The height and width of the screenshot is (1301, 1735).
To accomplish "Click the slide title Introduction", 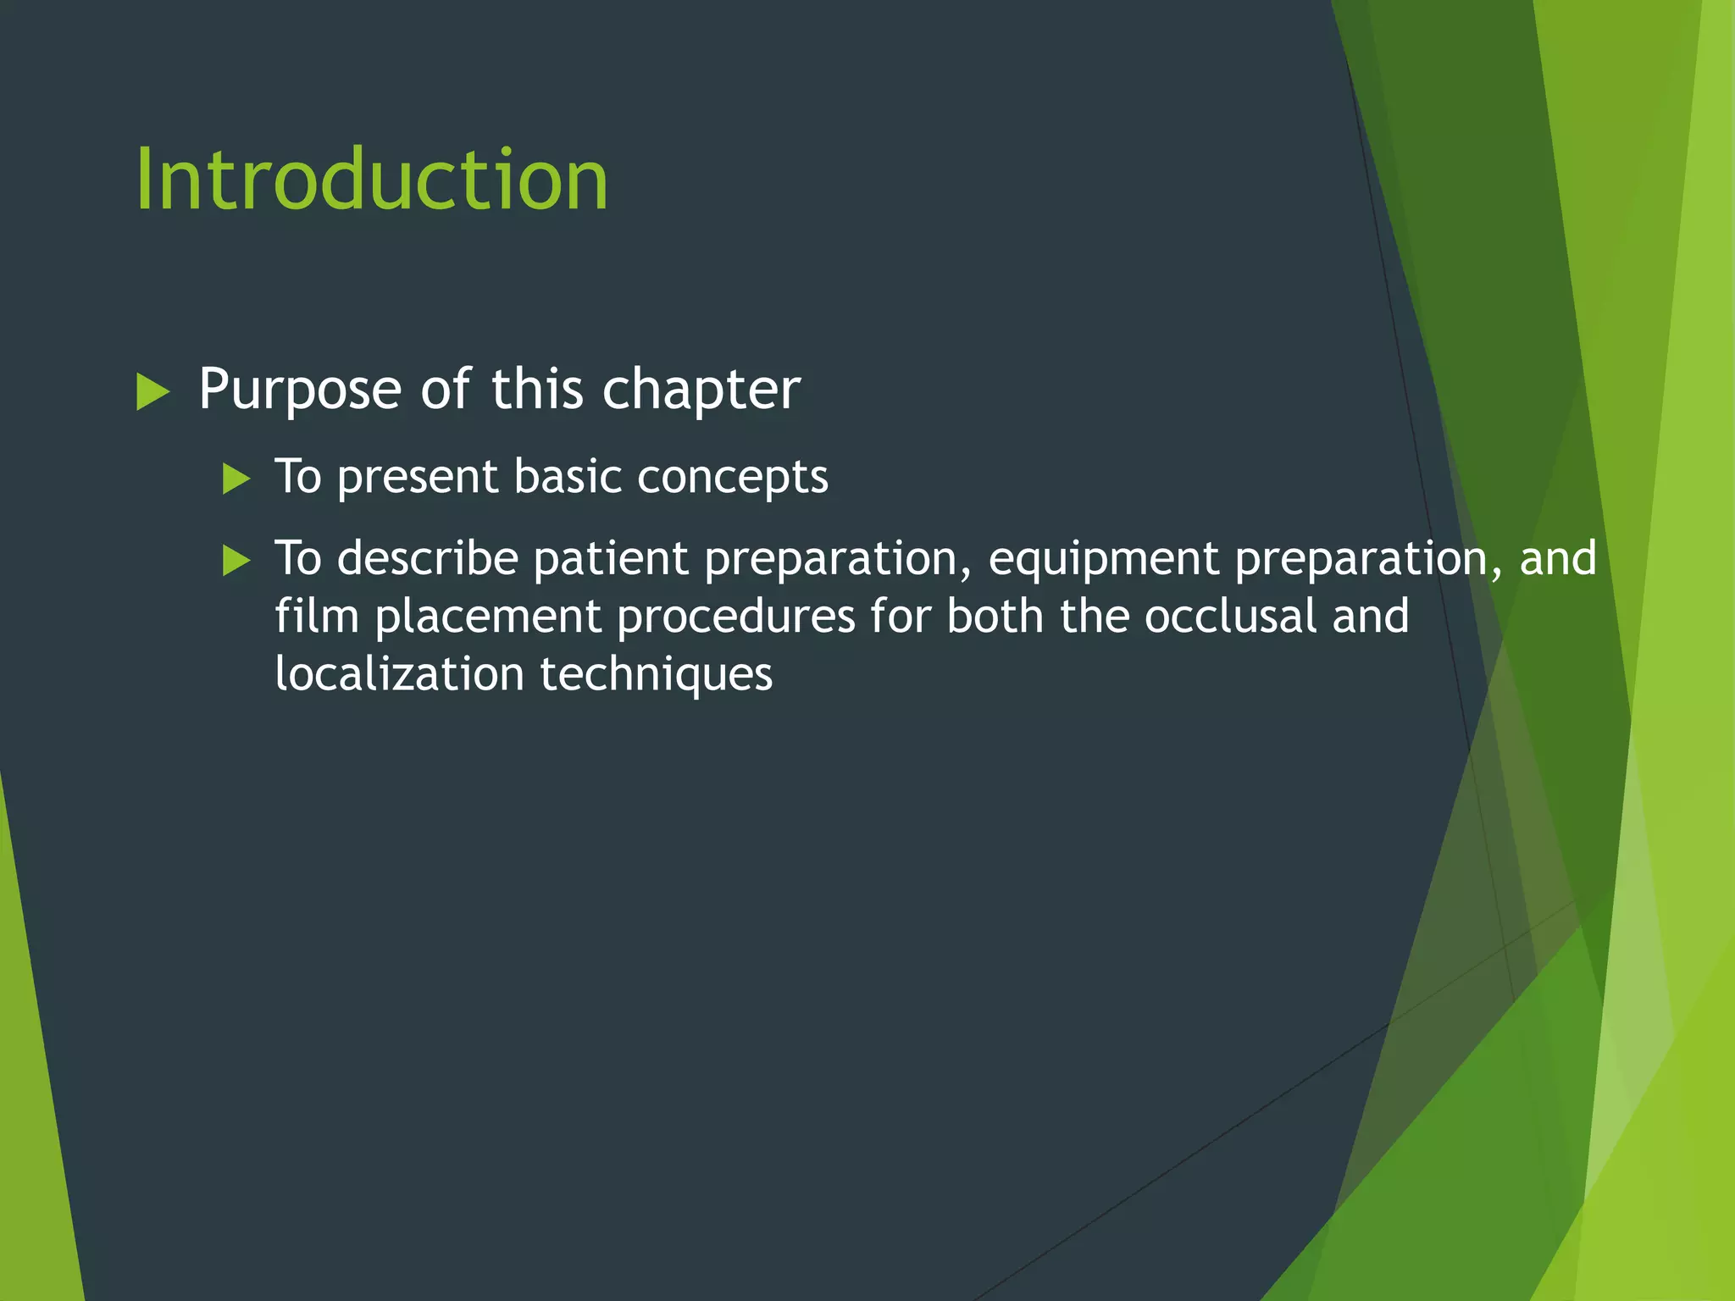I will point(372,180).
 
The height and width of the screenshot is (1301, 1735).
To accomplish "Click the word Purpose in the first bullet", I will point(300,390).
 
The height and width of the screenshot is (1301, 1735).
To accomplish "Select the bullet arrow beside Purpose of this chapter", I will point(152,393).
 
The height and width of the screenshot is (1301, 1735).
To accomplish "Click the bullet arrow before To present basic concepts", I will point(236,479).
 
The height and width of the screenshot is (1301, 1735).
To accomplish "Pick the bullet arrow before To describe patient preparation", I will point(236,561).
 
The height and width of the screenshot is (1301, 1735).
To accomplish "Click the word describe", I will point(428,559).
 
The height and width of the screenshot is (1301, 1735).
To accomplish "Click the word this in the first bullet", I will point(537,390).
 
